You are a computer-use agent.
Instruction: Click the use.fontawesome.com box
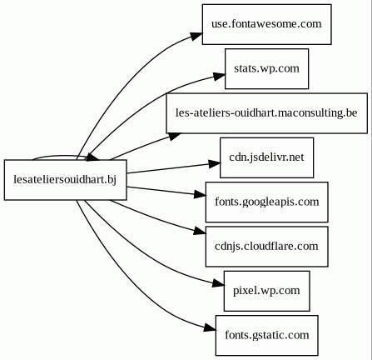click(x=266, y=24)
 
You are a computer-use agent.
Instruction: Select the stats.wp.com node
click(x=266, y=68)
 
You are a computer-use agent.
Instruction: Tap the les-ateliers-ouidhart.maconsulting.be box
click(x=266, y=113)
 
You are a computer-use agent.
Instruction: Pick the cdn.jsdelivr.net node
click(x=266, y=157)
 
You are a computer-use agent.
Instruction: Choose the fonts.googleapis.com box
click(x=266, y=202)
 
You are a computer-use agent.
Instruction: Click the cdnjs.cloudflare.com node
click(x=266, y=247)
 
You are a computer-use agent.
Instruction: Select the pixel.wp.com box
click(x=266, y=291)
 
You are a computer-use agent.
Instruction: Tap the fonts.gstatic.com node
click(x=266, y=335)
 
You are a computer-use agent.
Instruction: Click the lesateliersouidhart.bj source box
click(x=65, y=180)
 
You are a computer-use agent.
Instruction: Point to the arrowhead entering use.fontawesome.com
click(x=196, y=37)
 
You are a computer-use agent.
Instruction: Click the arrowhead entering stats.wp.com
click(x=219, y=76)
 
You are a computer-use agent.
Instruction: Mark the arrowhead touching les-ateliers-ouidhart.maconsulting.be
click(x=175, y=136)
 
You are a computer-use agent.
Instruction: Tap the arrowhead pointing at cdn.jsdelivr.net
click(x=215, y=163)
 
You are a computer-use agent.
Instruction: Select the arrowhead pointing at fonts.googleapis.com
click(x=200, y=194)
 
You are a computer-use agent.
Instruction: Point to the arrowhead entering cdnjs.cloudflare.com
click(x=200, y=231)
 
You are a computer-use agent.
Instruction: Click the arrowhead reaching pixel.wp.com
click(x=218, y=283)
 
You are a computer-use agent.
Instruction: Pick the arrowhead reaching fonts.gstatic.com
click(x=210, y=327)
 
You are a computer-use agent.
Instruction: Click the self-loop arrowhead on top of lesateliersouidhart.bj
click(x=92, y=157)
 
